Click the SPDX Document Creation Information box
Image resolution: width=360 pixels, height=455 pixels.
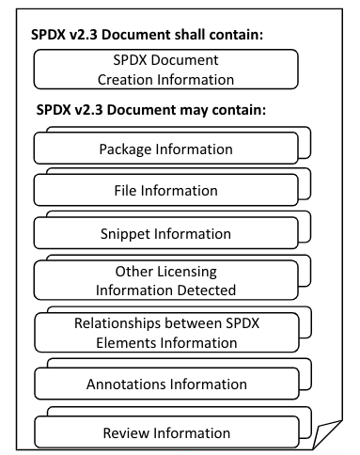(x=165, y=69)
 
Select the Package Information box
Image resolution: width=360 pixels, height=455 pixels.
(x=165, y=149)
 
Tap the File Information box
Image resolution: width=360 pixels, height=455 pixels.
(x=165, y=191)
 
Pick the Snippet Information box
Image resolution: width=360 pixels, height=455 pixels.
(x=165, y=233)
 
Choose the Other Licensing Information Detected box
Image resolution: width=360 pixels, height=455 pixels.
(x=165, y=279)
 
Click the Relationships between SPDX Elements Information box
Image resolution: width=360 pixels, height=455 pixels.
(x=165, y=332)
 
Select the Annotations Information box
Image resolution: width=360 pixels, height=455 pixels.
(x=165, y=384)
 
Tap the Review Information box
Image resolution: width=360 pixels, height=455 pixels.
(x=165, y=433)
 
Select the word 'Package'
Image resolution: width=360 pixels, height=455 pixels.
(x=128, y=149)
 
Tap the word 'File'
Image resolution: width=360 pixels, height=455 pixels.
(x=127, y=191)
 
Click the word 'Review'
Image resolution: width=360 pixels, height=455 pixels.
(x=125, y=433)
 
